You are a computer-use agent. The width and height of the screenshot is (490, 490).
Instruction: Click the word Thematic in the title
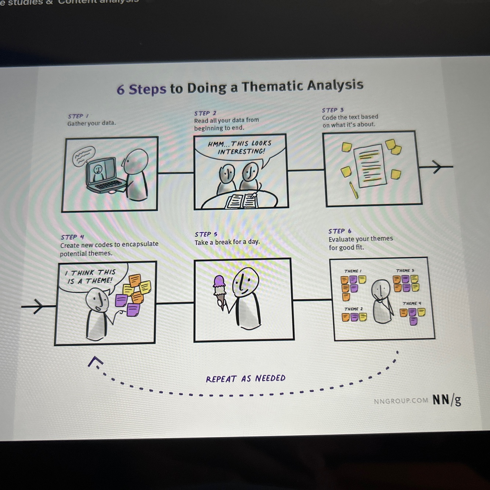[x=272, y=87]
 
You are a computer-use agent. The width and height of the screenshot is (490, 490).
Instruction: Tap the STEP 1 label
[x=78, y=116]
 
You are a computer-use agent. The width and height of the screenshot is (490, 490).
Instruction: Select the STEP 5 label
[x=206, y=234]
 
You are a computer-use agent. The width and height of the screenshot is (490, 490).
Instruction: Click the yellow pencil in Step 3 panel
[x=353, y=190]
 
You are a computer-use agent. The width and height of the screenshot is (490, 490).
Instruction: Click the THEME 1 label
[x=353, y=271]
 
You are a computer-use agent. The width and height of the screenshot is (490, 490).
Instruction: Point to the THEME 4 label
[x=411, y=303]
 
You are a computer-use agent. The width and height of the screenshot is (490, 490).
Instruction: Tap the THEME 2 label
[x=353, y=309]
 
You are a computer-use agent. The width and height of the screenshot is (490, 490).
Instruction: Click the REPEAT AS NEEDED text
[x=245, y=379]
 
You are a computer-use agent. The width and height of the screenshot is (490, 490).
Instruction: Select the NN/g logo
[x=446, y=399]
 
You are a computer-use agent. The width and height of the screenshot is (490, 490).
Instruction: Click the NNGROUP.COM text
[x=401, y=401]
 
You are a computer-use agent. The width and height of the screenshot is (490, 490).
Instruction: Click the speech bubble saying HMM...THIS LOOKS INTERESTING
[x=240, y=148]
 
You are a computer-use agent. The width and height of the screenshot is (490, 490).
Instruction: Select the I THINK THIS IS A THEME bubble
[x=90, y=277]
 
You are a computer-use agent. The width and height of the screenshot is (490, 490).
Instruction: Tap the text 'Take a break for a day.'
[x=227, y=242]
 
